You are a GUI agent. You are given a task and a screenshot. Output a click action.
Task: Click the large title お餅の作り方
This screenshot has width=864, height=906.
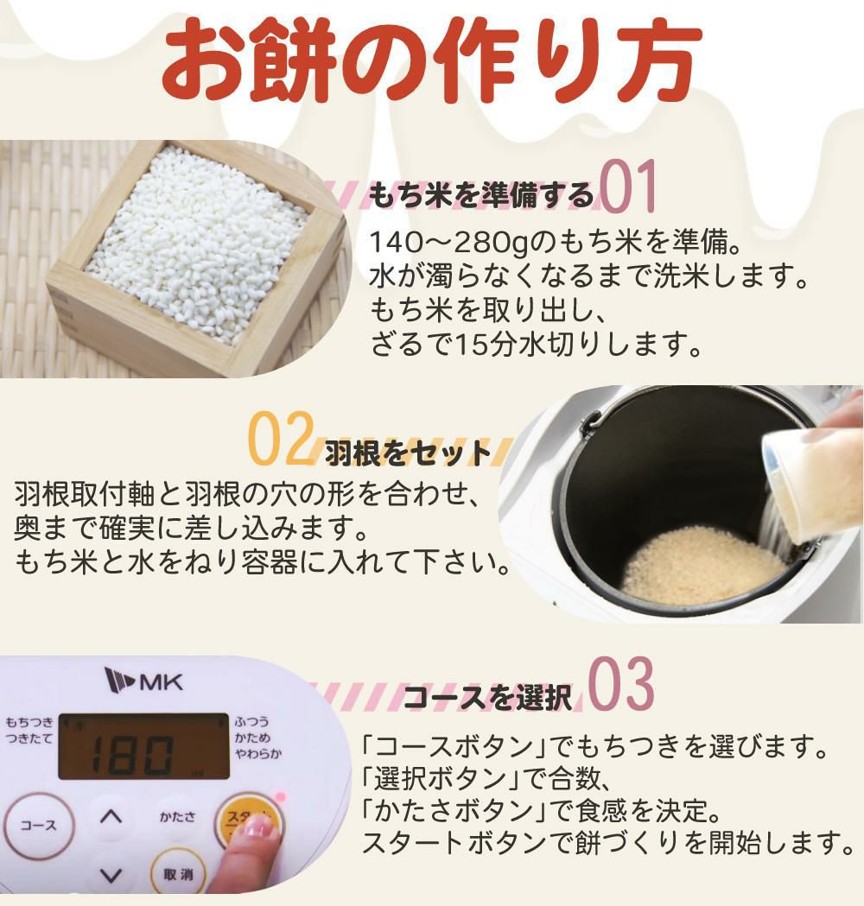point(429,62)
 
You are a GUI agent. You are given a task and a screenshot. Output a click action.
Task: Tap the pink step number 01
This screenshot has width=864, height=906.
point(628,187)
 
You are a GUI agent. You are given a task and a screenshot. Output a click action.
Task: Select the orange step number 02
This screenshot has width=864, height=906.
point(278,440)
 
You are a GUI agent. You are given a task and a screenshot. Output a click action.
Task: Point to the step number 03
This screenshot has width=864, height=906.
point(620,687)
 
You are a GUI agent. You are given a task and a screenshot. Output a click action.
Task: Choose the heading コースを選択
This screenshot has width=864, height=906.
point(487,697)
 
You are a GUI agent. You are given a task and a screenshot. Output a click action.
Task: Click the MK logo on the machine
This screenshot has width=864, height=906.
point(143,681)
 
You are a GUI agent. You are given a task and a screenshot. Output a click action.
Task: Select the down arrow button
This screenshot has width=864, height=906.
point(110,874)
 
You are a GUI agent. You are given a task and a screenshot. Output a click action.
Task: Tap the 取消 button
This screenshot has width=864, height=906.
point(178,874)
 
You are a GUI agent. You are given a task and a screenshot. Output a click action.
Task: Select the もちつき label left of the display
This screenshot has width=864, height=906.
point(29,722)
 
